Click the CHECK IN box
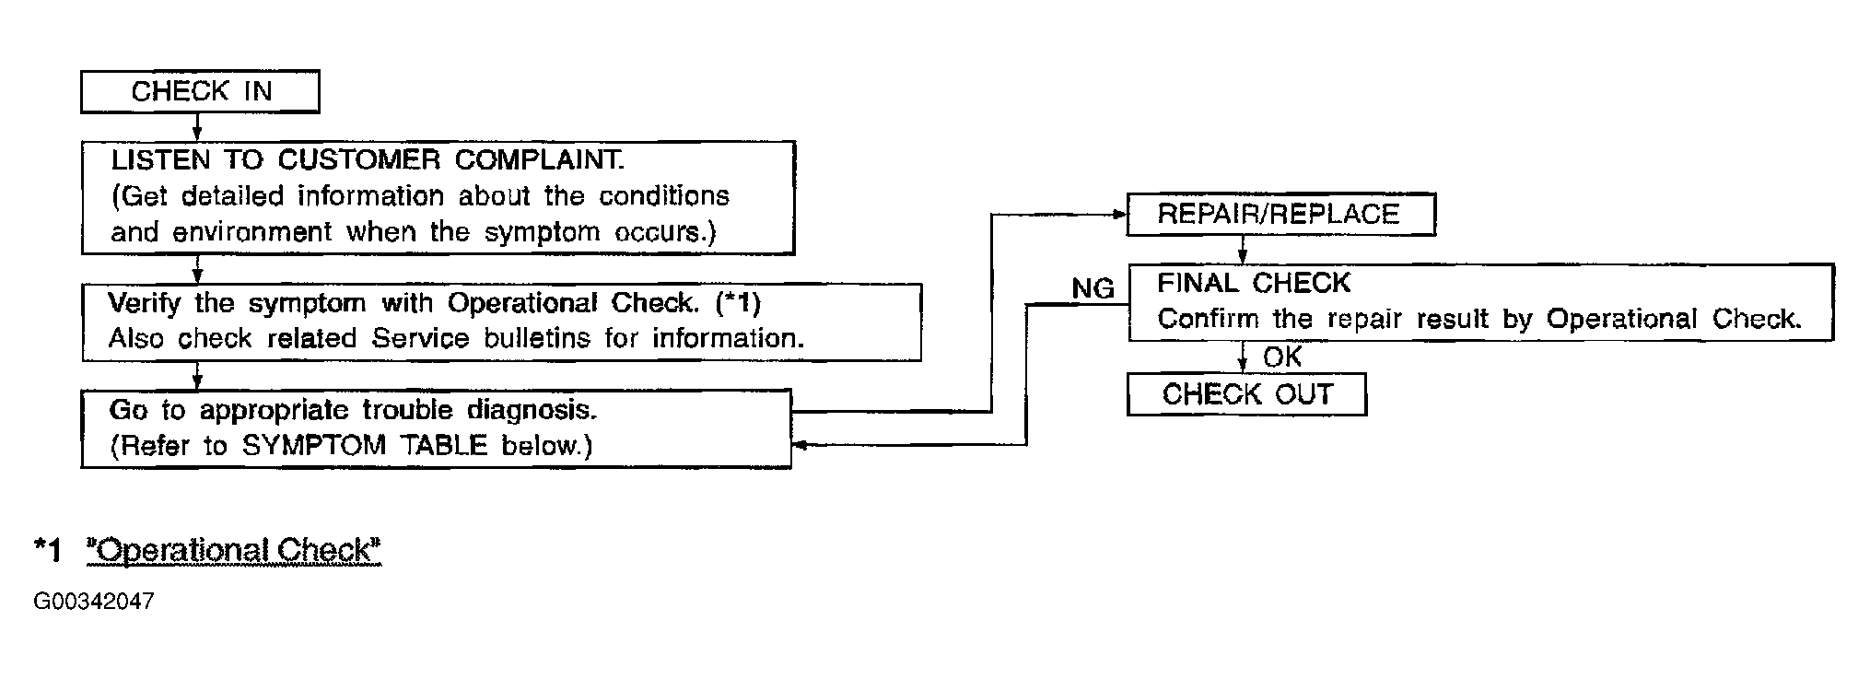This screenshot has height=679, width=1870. pyautogui.click(x=200, y=92)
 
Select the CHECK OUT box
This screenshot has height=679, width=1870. pyautogui.click(x=1246, y=394)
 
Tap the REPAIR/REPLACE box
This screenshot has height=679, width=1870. pyautogui.click(x=1280, y=215)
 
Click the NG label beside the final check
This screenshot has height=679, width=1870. pyautogui.click(x=1093, y=289)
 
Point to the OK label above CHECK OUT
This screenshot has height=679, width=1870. pyautogui.click(x=1281, y=357)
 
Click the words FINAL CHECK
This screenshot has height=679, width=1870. pyautogui.click(x=1254, y=283)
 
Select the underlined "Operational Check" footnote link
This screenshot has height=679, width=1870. pyautogui.click(x=233, y=551)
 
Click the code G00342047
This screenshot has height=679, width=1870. pyautogui.click(x=94, y=603)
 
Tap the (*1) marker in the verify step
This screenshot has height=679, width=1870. pyautogui.click(x=739, y=302)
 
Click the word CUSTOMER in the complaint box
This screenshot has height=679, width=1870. pyautogui.click(x=359, y=159)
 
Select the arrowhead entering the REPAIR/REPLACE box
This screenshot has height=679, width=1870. pyautogui.click(x=1120, y=215)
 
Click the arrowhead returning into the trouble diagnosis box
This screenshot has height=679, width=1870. pyautogui.click(x=800, y=446)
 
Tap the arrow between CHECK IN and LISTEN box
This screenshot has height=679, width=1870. pyautogui.click(x=196, y=127)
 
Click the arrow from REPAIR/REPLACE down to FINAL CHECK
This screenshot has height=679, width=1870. pyautogui.click(x=1242, y=250)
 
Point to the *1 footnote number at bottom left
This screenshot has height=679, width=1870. pyautogui.click(x=48, y=551)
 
